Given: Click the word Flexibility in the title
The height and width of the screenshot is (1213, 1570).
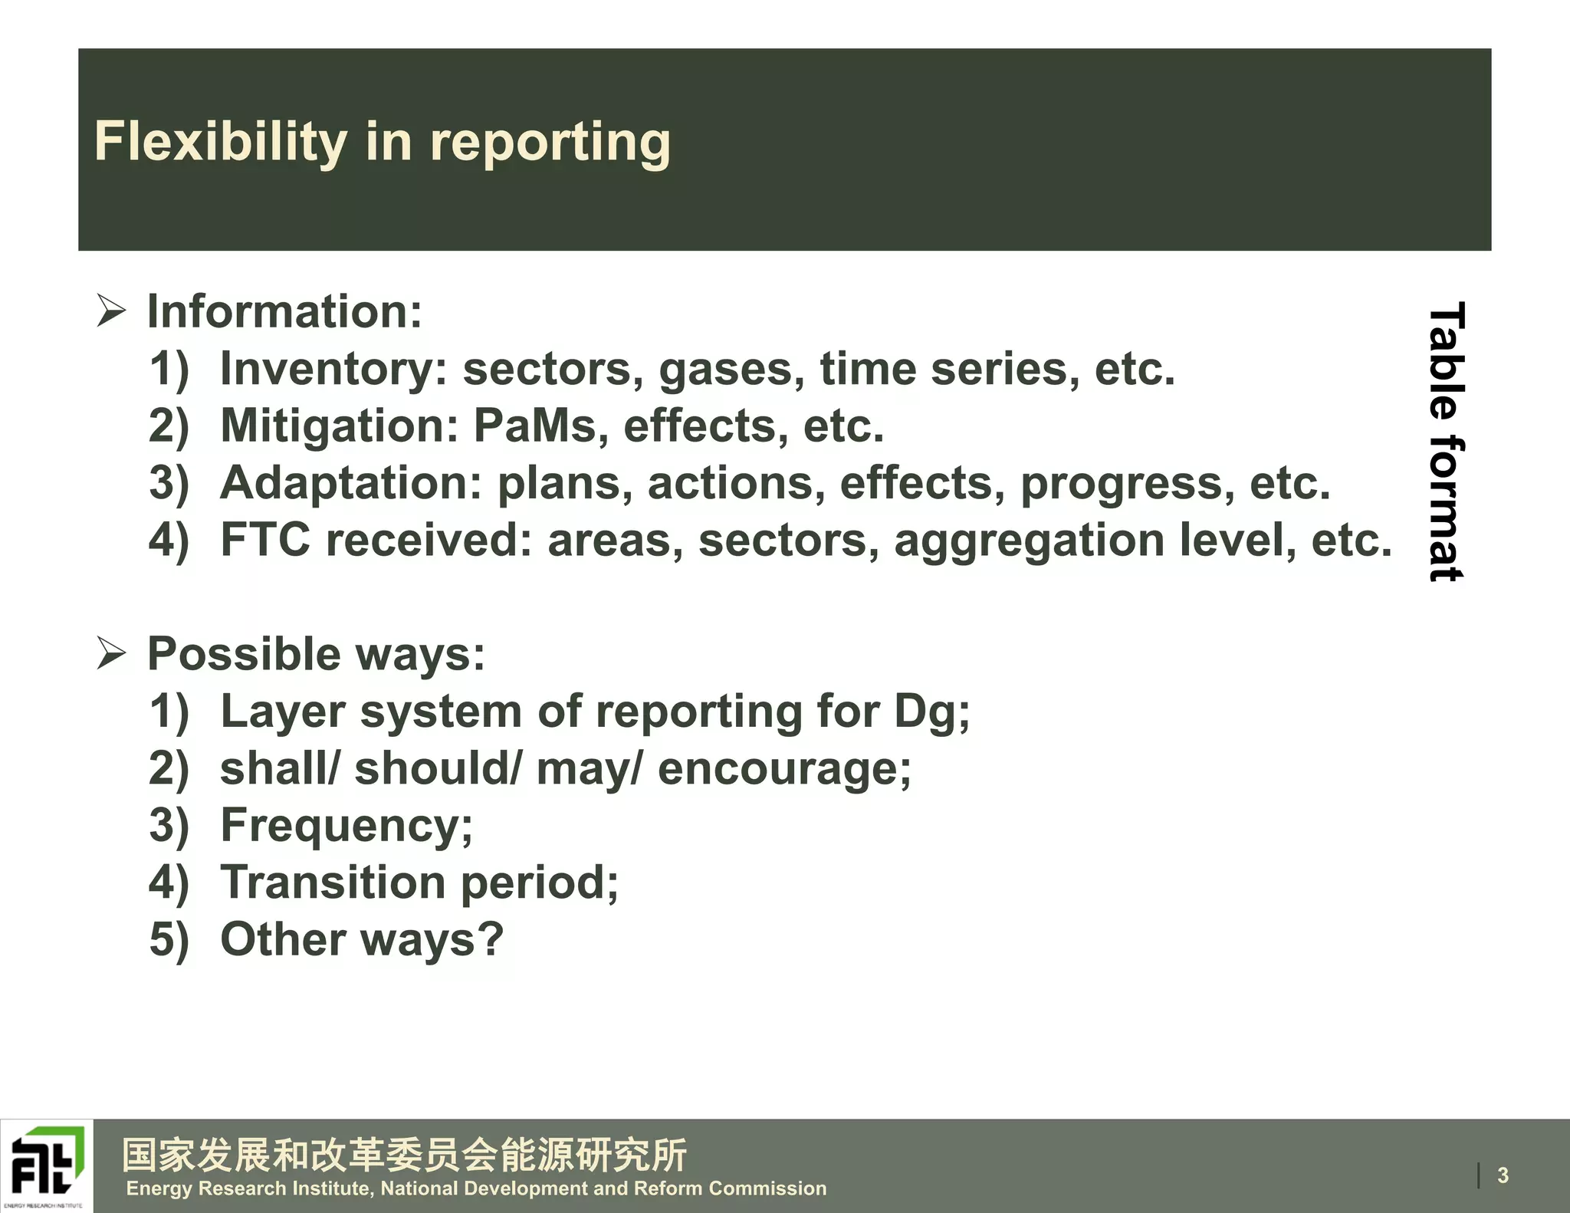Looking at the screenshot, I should click(221, 142).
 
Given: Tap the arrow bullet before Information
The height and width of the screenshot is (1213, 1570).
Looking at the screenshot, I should click(111, 311).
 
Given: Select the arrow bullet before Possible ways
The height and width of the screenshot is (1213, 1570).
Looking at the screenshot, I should click(111, 653).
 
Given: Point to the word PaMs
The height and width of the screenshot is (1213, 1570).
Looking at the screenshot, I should click(534, 426).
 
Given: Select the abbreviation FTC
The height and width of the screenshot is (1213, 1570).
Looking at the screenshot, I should click(265, 540).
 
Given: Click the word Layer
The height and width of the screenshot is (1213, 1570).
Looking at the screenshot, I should click(283, 712).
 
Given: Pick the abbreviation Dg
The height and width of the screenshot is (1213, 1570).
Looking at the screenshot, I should click(925, 712).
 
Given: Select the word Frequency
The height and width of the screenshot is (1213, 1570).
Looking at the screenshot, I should click(340, 827).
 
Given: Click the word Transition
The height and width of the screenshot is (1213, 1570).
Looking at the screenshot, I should click(333, 883).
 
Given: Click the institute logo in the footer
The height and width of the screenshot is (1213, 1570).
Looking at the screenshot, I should click(47, 1165).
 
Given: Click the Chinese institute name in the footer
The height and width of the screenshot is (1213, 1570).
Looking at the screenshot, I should click(405, 1155).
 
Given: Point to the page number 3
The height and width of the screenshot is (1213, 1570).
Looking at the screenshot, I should click(1503, 1175).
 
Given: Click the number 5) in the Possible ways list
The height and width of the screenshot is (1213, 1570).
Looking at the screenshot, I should click(168, 940).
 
